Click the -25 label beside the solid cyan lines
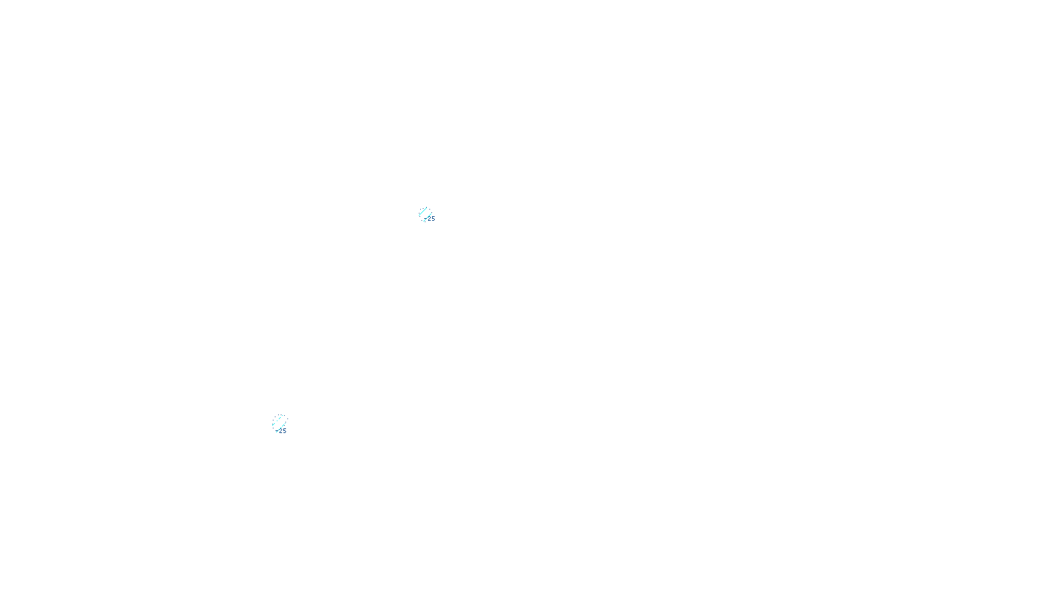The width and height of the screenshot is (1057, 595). (430, 219)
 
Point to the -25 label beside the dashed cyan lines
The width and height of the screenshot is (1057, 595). (281, 431)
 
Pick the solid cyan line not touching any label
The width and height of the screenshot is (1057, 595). (423, 212)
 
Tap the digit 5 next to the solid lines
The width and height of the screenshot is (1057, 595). (433, 219)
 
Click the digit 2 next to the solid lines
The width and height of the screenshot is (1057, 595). (429, 219)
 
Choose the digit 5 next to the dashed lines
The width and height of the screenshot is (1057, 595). (285, 431)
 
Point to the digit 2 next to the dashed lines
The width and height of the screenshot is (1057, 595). (281, 431)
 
